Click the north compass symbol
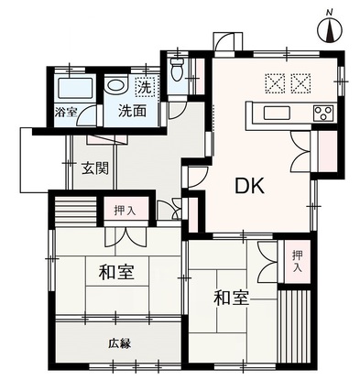330,30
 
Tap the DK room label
249,186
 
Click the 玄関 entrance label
95,168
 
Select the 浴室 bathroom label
65,112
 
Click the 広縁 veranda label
120,343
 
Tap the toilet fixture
176,70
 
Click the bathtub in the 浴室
75,88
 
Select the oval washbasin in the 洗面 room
115,84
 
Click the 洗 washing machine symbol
146,87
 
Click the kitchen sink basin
278,113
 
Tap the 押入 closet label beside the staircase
125,211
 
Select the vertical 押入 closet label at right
297,261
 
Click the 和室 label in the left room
116,272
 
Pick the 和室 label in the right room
231,298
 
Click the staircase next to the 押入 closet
75,211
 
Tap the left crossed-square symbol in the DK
275,83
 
